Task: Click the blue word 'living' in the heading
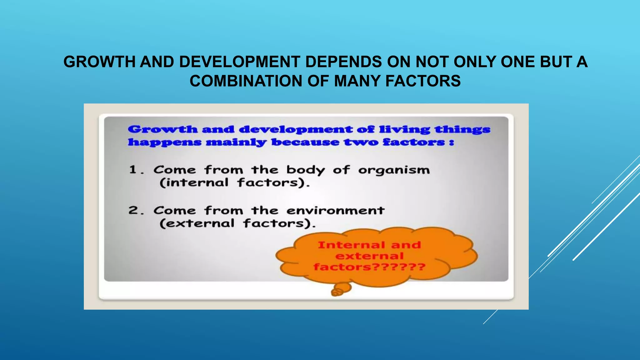404,129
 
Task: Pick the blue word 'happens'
164,142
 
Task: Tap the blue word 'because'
305,142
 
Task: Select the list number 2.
134,210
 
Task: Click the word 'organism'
394,171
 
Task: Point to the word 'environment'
335,211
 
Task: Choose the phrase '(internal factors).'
234,183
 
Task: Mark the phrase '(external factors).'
237,223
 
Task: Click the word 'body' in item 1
305,171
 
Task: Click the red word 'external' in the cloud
369,256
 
